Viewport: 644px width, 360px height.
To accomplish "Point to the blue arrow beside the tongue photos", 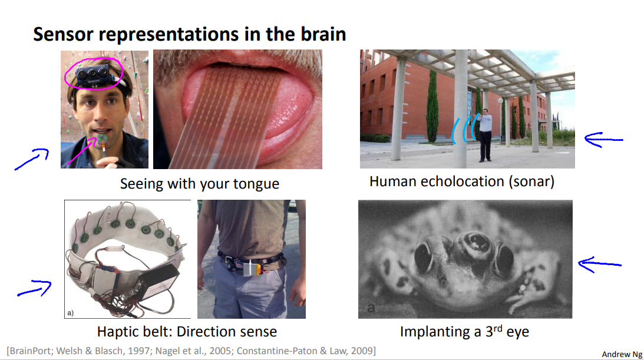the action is point(32,159).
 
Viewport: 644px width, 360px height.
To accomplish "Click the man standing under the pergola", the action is point(485,134).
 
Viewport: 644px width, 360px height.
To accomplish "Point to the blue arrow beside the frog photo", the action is point(600,265).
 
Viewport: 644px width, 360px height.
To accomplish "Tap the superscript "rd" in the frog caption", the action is point(498,328).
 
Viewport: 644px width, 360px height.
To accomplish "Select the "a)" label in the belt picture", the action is point(70,313).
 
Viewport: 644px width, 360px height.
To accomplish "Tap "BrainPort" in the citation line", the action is point(31,351).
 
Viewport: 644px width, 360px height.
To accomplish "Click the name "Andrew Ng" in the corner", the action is point(622,354).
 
